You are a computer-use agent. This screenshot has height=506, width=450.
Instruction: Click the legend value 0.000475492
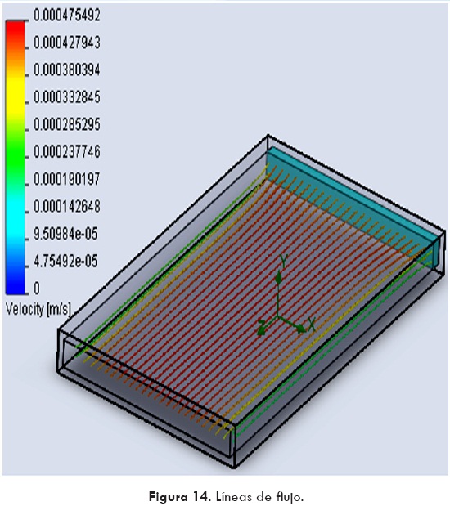(67, 16)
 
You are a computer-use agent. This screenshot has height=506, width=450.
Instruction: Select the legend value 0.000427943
(67, 43)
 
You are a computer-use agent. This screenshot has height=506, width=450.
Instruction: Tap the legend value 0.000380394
(67, 69)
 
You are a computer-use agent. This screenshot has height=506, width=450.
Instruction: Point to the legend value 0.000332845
(67, 97)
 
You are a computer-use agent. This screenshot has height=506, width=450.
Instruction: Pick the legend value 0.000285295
(67, 124)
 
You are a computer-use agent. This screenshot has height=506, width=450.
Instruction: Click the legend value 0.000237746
(67, 152)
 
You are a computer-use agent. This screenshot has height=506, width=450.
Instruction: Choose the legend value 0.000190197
(67, 179)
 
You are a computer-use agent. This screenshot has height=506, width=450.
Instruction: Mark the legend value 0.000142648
(67, 206)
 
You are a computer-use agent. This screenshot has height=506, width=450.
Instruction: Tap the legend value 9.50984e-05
(65, 234)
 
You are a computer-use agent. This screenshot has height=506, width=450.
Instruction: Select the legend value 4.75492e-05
(65, 261)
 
